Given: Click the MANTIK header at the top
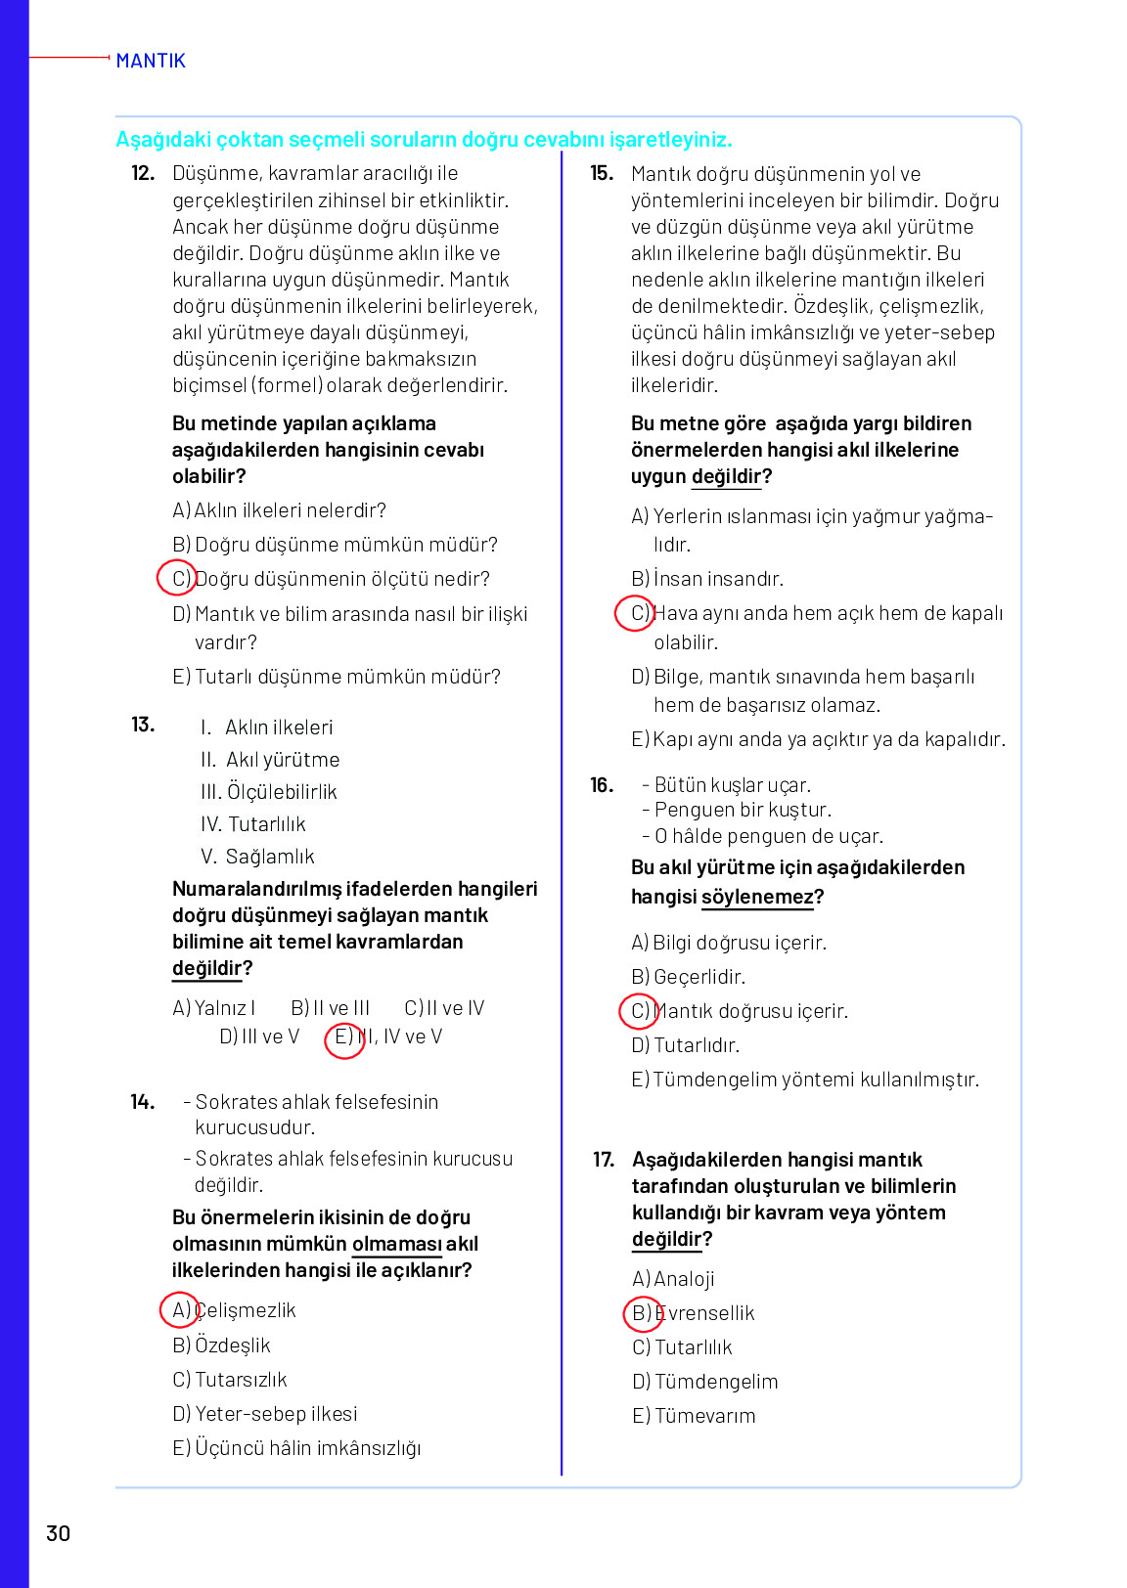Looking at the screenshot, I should coord(150,61).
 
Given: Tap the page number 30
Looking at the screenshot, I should coord(59,1533).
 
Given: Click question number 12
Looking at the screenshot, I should coord(143,173).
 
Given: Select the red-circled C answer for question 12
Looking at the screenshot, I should coord(178,578).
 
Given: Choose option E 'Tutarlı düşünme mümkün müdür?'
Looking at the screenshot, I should coord(337,677).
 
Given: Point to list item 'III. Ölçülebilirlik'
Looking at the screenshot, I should coord(269,791).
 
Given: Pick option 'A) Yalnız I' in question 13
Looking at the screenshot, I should coord(214,1008).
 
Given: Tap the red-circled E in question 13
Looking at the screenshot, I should coord(343,1037).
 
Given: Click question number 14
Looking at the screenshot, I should coord(143,1102).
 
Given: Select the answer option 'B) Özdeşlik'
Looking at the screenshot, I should coord(222,1345).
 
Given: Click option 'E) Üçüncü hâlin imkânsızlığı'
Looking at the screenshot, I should coord(296,1448).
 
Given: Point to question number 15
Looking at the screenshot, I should coord(602,173).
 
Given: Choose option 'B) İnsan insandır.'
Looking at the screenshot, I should coord(707,579).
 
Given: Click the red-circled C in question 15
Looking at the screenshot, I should coord(636,613).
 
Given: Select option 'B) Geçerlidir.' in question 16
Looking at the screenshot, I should coord(688,977).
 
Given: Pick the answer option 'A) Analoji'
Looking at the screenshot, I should coord(673,1279).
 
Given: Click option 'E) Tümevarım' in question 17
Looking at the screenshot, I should coord(694,1416).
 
